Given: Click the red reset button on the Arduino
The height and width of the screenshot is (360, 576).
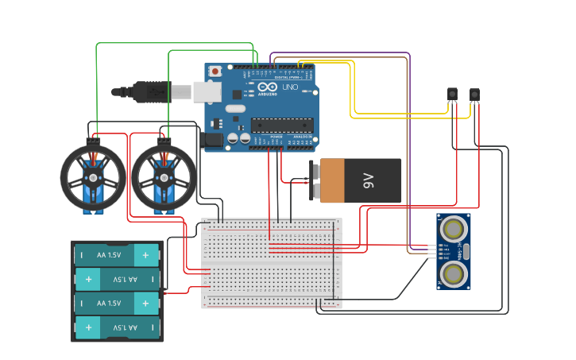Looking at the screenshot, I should tap(215, 72).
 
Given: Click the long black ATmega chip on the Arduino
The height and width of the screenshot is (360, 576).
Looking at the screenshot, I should tap(282, 125).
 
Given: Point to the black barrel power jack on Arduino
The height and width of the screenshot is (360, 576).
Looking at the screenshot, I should tap(213, 139).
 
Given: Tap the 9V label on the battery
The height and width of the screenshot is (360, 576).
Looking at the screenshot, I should tap(368, 180).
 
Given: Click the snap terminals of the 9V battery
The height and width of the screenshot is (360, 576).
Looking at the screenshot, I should tap(315, 180).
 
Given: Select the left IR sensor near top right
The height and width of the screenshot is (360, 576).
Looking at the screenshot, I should tap(453, 95).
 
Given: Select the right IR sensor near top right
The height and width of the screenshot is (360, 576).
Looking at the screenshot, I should tap(474, 95).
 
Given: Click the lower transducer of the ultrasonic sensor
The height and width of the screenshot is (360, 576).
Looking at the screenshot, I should tap(454, 274).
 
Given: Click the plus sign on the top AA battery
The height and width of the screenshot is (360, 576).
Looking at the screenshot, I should tap(145, 255).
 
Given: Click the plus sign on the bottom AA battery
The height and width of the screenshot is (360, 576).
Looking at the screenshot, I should tap(88, 327).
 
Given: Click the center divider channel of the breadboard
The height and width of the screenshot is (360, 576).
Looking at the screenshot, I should tap(271, 263).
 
